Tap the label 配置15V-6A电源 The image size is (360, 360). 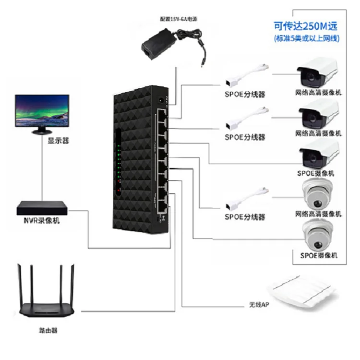coord(178,19)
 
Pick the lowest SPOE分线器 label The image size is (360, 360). coord(245,217)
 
